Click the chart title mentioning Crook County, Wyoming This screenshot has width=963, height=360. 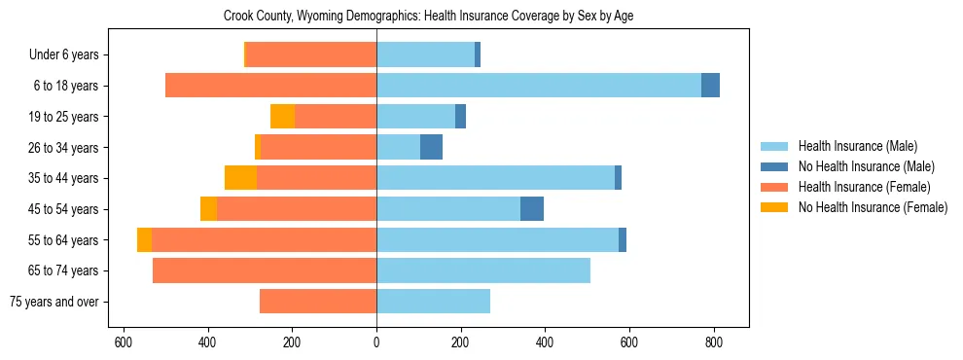428,17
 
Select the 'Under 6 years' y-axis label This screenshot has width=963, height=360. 63,55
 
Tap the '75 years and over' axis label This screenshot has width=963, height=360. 53,302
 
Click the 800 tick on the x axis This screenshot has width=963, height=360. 713,342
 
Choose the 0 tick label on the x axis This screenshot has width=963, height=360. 376,342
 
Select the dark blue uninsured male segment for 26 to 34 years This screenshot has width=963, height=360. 431,147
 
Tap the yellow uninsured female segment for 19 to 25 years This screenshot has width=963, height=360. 282,117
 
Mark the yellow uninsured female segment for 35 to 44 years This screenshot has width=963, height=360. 240,178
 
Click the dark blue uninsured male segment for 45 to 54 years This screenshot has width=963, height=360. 532,209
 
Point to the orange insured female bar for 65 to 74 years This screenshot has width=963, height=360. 265,270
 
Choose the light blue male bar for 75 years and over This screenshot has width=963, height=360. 433,302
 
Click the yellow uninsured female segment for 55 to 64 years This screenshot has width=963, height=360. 144,240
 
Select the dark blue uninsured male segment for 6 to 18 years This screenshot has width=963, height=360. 710,86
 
